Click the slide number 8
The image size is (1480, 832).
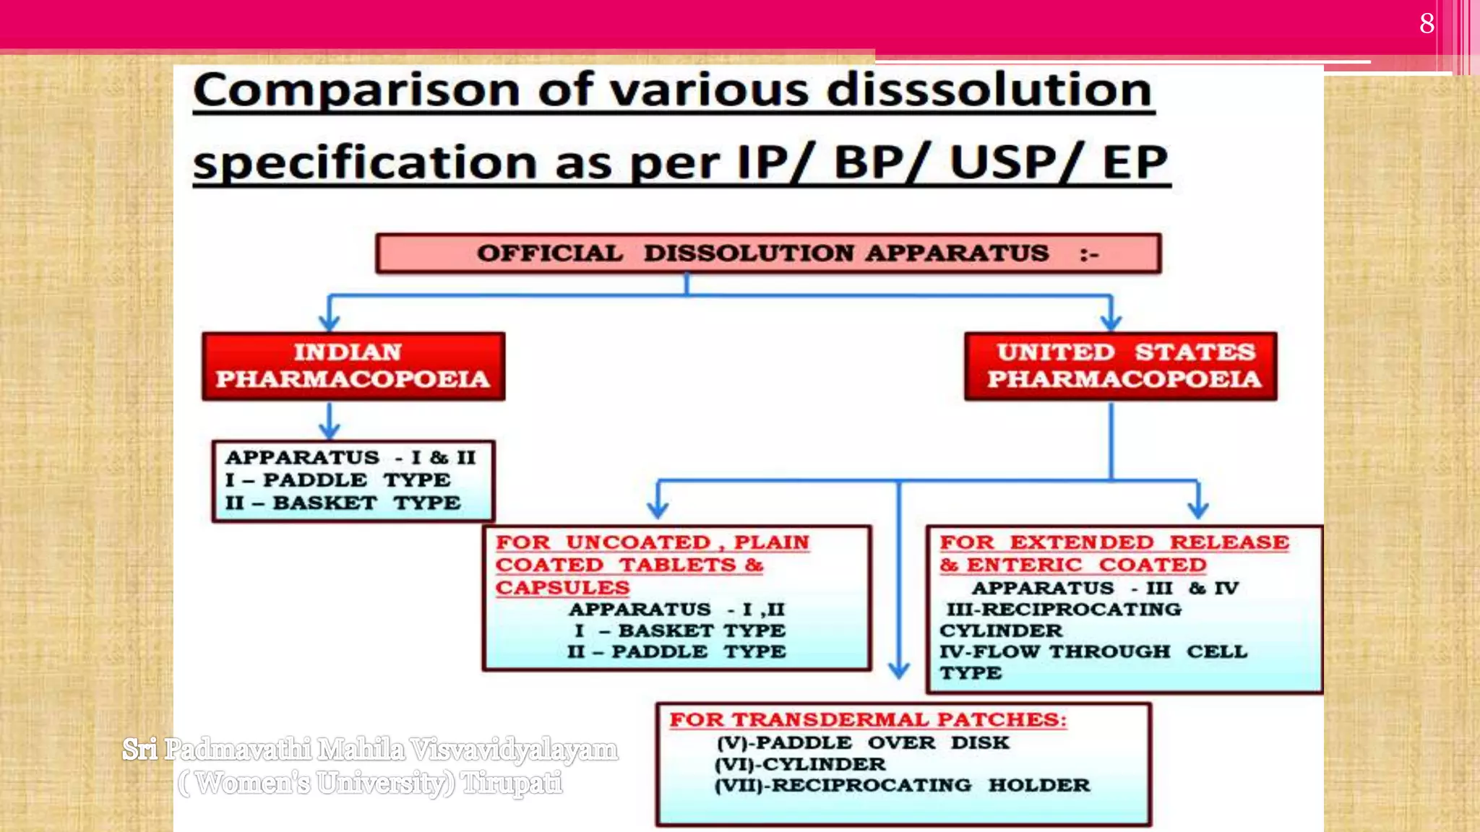[1427, 23]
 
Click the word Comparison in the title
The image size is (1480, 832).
[356, 91]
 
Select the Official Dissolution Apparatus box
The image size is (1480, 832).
[768, 253]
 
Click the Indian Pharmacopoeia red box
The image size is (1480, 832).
[353, 366]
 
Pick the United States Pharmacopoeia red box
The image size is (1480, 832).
[1121, 366]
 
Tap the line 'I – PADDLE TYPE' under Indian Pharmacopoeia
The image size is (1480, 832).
[337, 480]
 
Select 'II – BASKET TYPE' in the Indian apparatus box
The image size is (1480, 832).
[343, 503]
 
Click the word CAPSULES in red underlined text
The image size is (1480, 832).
[562, 588]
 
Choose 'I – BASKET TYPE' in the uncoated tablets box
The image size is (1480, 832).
[679, 630]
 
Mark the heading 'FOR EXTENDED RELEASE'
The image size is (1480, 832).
[1114, 542]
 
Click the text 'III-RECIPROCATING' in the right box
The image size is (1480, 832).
[1064, 610]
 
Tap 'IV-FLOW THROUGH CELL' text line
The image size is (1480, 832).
[1093, 651]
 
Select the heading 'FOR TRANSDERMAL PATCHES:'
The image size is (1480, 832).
[867, 720]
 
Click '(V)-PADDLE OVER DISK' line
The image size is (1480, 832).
[863, 742]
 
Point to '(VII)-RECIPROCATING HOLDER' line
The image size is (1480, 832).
[902, 785]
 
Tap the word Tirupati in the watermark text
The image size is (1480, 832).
[512, 783]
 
